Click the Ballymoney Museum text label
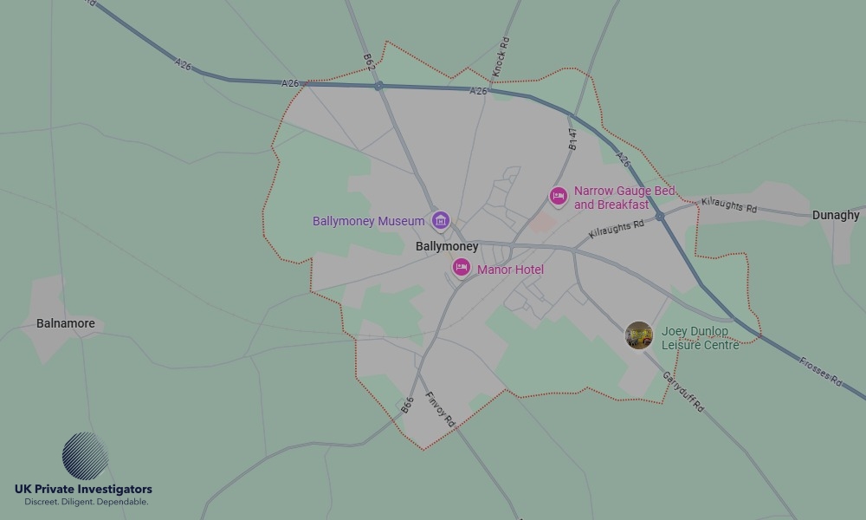point(368,221)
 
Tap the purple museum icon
point(441,221)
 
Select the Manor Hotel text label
point(510,270)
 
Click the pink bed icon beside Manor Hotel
point(462,268)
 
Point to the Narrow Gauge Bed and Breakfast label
point(624,198)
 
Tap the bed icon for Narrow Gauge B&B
point(559,198)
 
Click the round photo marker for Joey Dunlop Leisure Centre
point(639,335)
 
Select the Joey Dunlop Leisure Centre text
point(700,338)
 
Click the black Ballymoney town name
point(447,247)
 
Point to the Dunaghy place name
point(835,215)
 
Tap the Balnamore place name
point(66,323)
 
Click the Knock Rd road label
point(501,55)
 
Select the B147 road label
point(572,140)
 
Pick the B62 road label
point(368,62)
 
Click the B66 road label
point(408,405)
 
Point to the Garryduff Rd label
point(683,392)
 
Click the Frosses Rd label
point(820,370)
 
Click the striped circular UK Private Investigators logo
point(85,456)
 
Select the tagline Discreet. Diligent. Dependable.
point(87,502)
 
